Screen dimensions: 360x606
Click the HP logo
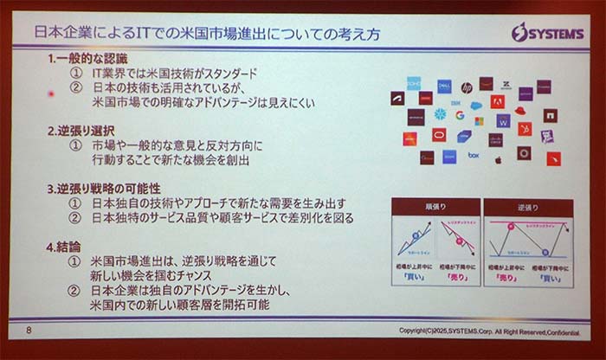[x=467, y=87]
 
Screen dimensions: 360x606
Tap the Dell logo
[x=444, y=87]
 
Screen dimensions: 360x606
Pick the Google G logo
[x=460, y=115]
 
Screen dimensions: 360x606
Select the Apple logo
[x=499, y=159]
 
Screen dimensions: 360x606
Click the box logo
[x=474, y=156]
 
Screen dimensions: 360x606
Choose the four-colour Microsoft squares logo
[x=479, y=121]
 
